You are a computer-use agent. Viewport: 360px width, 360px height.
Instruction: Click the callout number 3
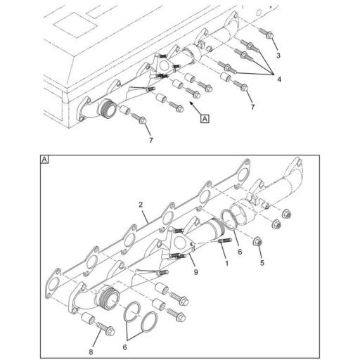coord(278,54)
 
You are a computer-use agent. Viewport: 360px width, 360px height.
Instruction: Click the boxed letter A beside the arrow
coord(205,120)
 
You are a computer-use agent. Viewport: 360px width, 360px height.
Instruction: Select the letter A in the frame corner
coord(45,160)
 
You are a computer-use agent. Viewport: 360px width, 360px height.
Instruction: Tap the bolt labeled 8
coord(105,327)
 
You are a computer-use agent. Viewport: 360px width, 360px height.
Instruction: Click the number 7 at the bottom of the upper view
coord(150,141)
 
